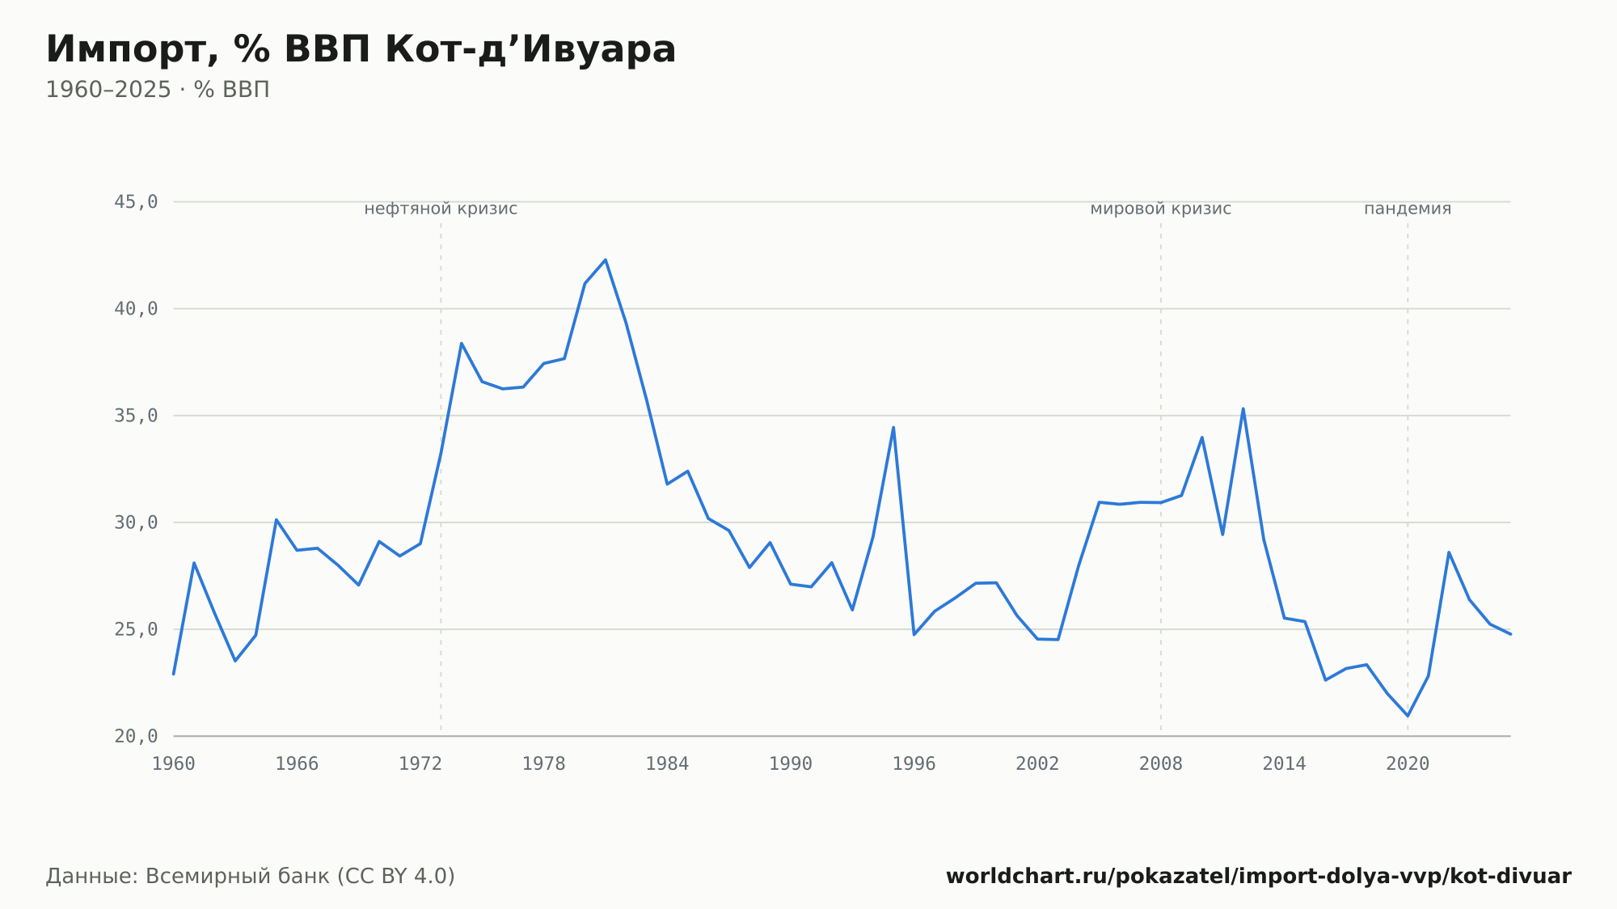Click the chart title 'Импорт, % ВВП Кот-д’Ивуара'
[361, 50]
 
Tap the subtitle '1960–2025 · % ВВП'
[158, 90]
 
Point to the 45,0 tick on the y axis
[136, 202]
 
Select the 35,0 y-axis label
[136, 416]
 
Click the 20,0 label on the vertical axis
[136, 736]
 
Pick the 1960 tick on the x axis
[174, 764]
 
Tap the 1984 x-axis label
[667, 764]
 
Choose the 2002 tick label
[1037, 764]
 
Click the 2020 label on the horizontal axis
[1408, 764]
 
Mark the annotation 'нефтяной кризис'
[441, 209]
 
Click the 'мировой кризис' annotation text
[1161, 209]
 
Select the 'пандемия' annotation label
[1408, 209]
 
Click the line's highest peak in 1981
[606, 260]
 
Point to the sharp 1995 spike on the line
[893, 427]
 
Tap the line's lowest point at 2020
[1408, 716]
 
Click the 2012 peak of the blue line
[1243, 408]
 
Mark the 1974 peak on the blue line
[462, 343]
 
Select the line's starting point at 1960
[174, 674]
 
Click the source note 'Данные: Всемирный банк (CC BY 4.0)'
[251, 877]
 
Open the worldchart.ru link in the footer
[1259, 877]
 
